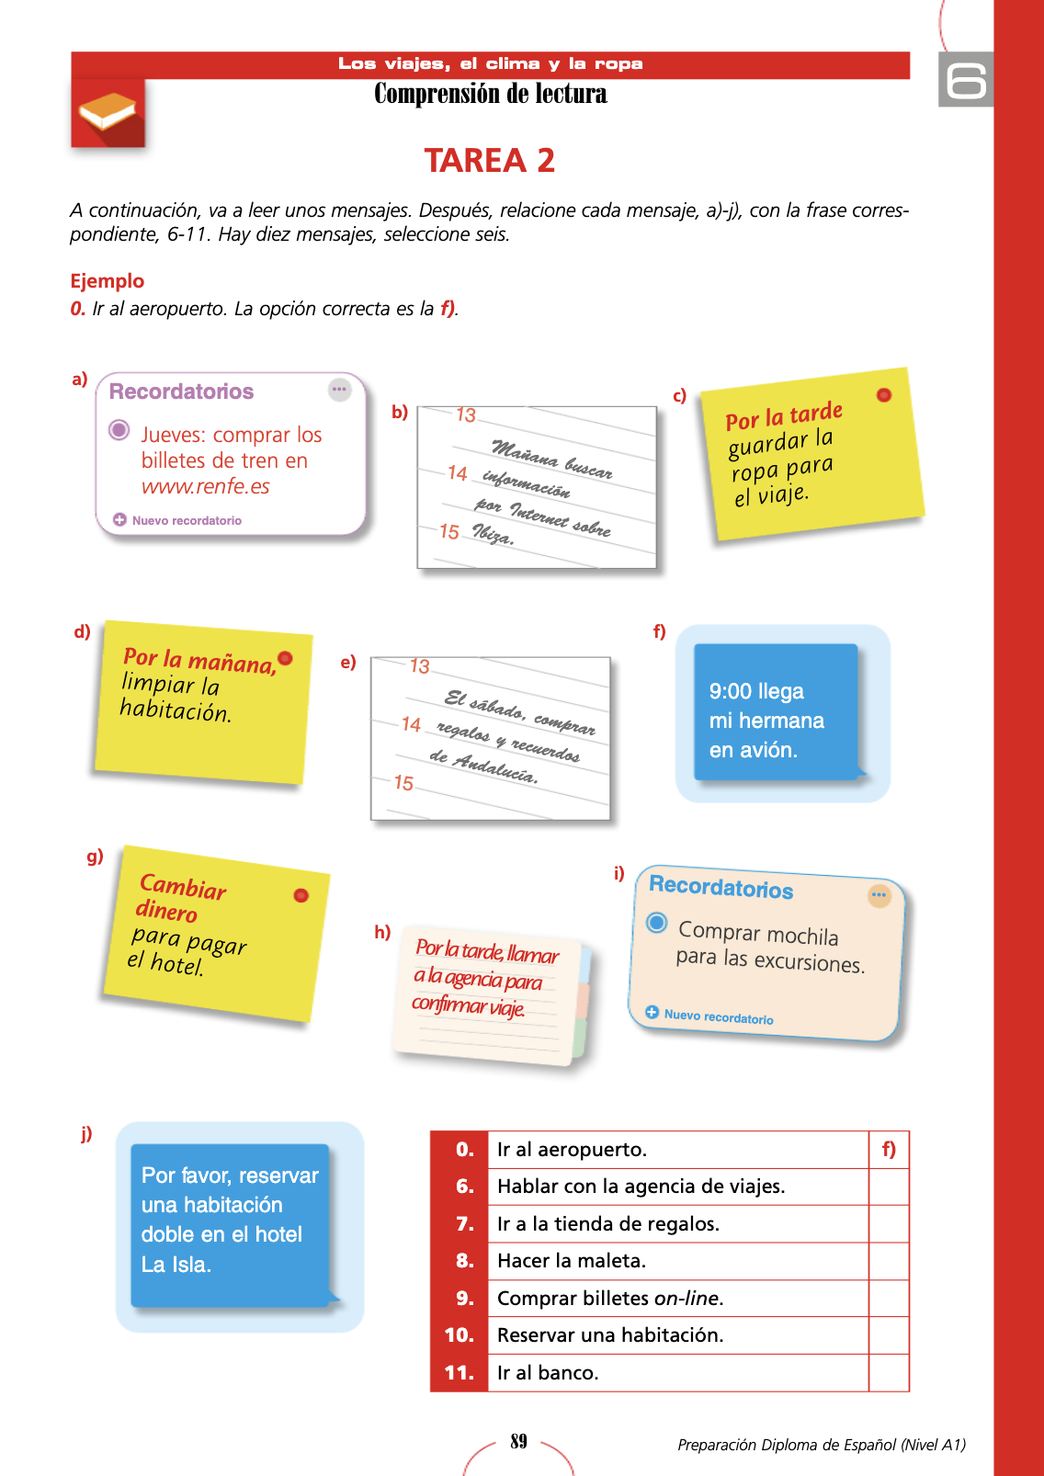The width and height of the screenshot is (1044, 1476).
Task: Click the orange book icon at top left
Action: (108, 112)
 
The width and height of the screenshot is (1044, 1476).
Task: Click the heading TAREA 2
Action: (489, 161)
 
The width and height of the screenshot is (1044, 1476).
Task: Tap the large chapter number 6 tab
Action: (966, 80)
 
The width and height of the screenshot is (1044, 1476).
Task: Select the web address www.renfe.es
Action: (205, 487)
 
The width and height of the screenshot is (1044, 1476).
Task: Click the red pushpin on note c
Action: (884, 395)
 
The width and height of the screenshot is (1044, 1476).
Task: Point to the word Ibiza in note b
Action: (493, 534)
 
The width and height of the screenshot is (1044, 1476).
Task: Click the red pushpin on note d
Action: (285, 658)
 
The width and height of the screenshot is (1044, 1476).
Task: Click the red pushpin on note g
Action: (301, 895)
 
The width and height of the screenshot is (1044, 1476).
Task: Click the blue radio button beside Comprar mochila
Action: (656, 923)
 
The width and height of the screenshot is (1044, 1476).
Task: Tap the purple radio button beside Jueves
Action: (119, 430)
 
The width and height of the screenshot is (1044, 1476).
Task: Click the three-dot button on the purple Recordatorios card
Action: (340, 390)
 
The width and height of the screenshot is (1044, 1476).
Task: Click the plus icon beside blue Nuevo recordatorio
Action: (652, 1012)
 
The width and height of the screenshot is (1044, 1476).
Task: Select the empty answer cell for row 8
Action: (888, 1261)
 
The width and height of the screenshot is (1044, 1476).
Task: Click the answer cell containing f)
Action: (888, 1150)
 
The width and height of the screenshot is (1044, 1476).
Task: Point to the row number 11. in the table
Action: (459, 1373)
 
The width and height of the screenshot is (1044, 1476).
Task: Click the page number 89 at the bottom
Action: (518, 1441)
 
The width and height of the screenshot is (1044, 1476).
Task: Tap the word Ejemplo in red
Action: (108, 281)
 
